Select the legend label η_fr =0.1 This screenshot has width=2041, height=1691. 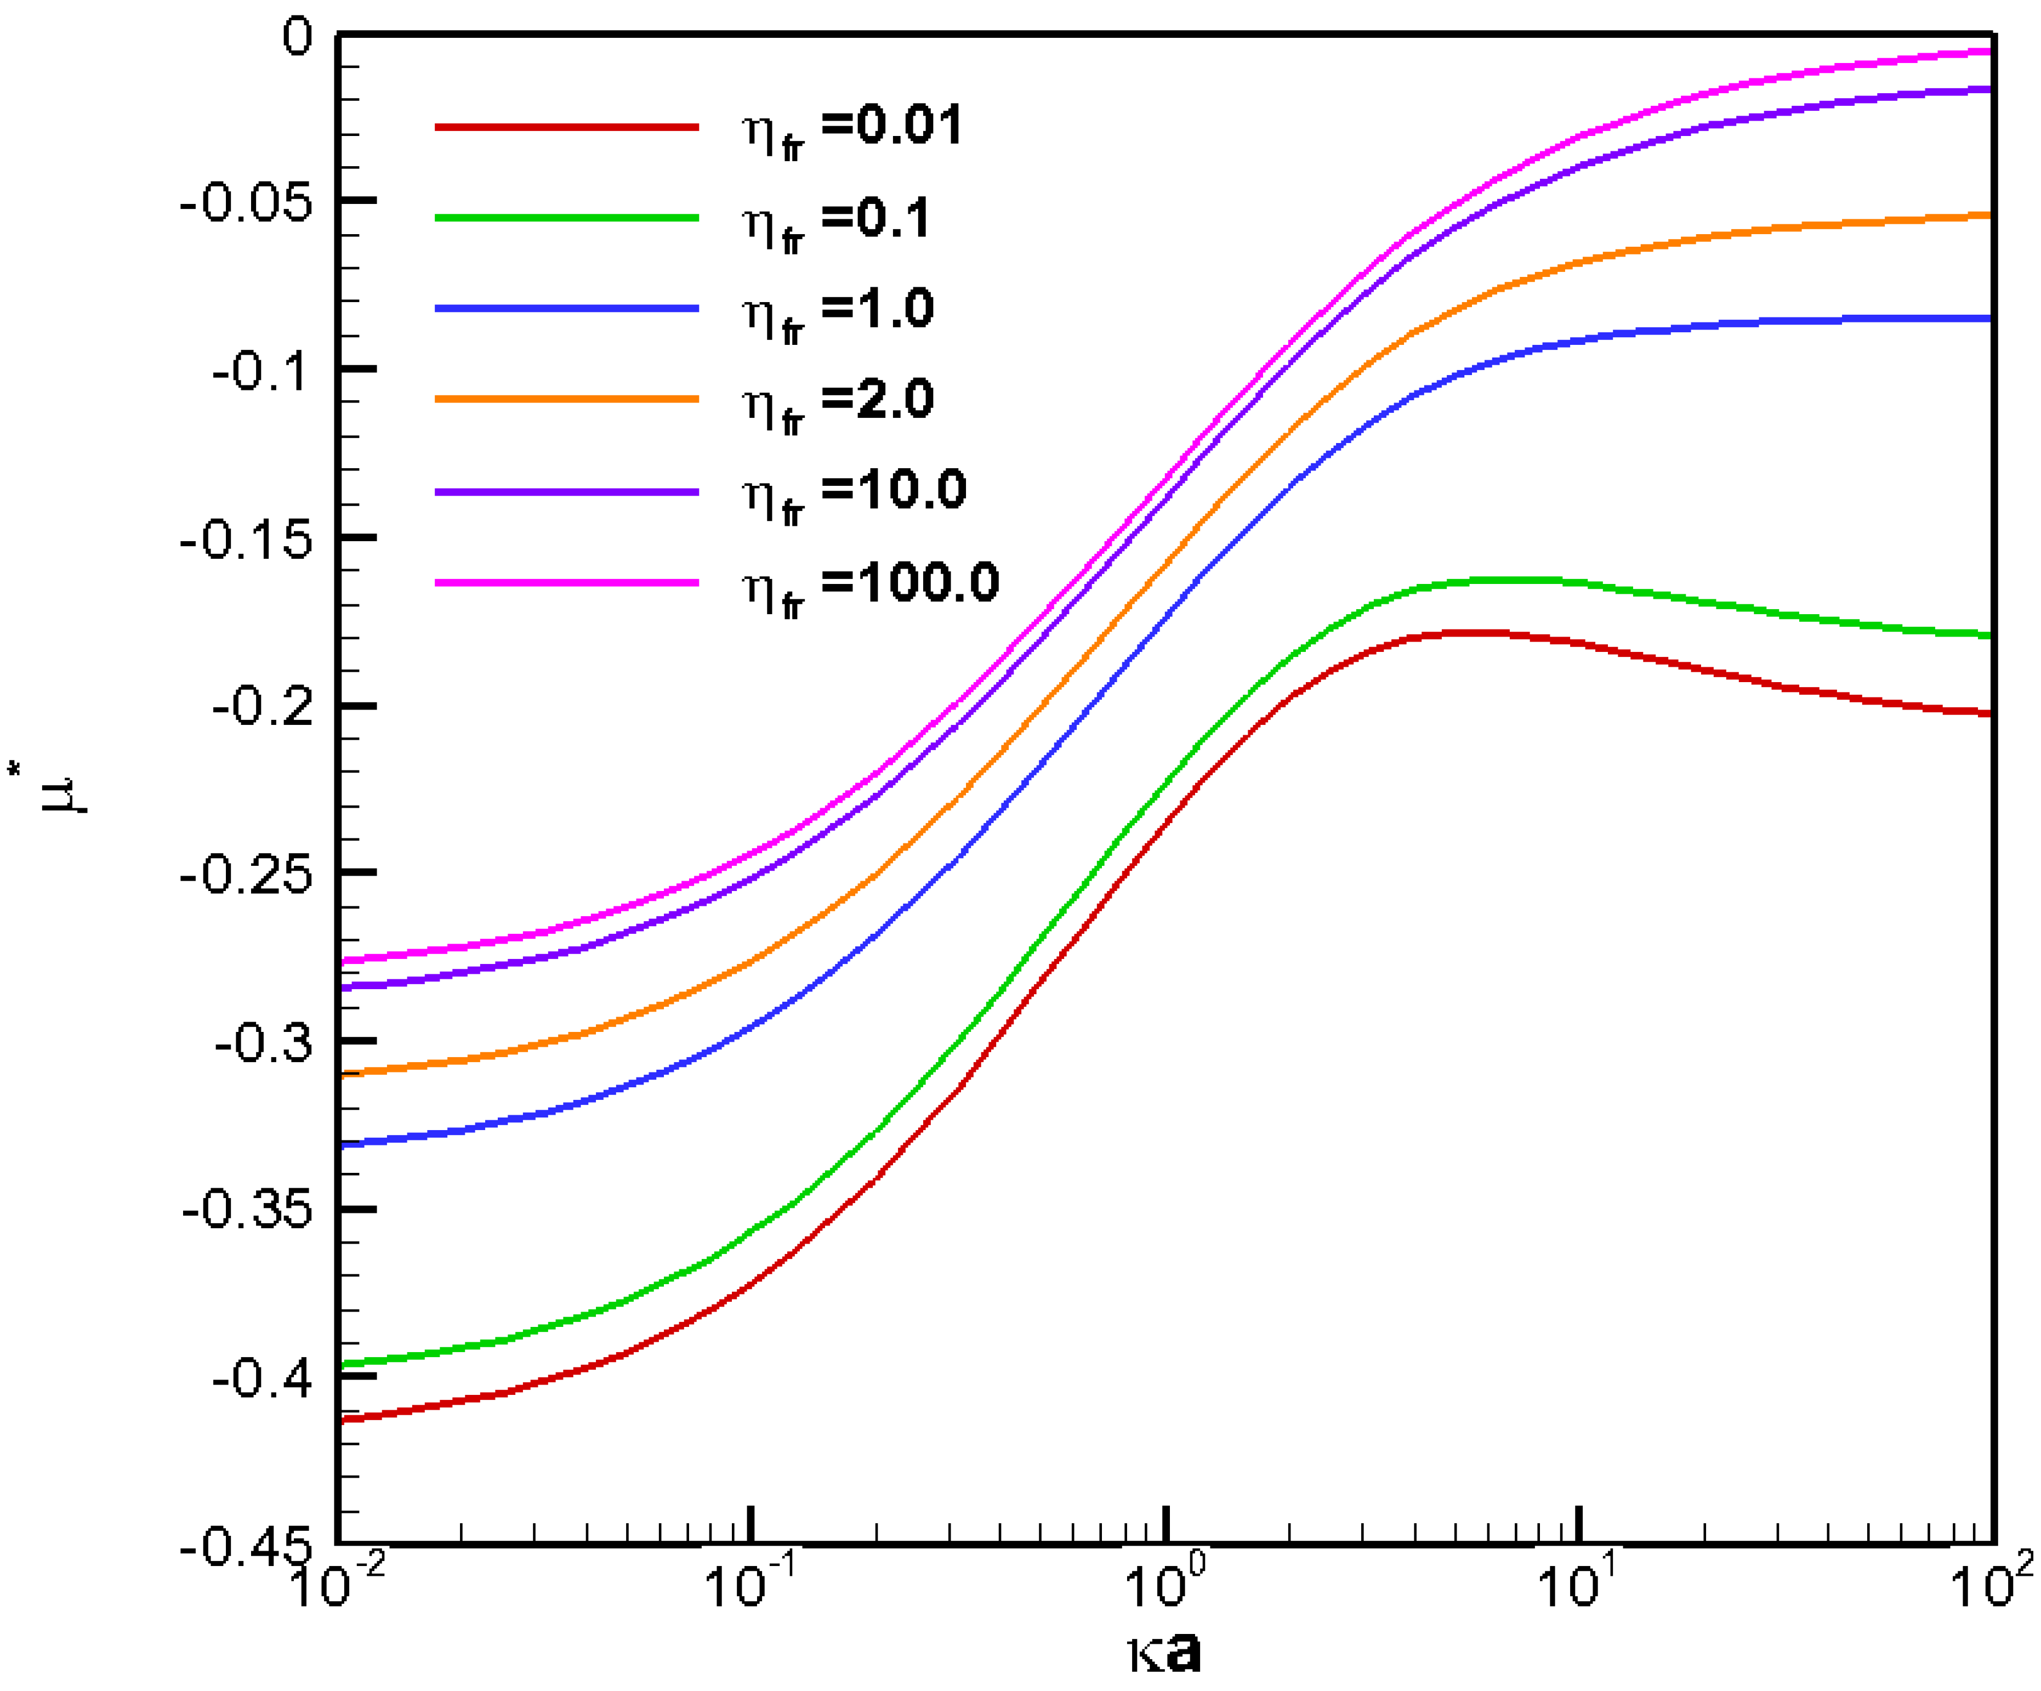pyautogui.click(x=836, y=220)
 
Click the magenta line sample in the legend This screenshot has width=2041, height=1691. pyautogui.click(x=567, y=582)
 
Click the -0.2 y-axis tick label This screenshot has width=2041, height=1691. pyautogui.click(x=263, y=707)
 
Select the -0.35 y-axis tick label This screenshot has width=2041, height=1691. pyautogui.click(x=248, y=1211)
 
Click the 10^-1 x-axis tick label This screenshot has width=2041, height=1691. pyautogui.click(x=748, y=1586)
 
